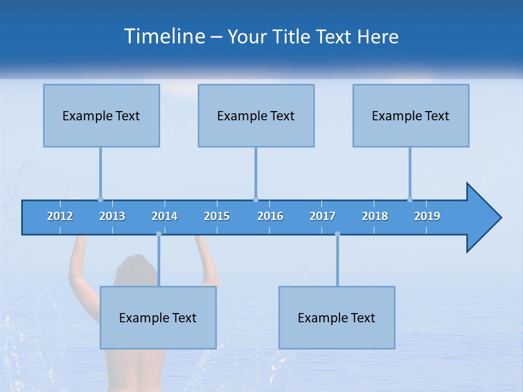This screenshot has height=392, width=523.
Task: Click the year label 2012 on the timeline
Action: click(x=60, y=216)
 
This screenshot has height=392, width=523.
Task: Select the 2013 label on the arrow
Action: click(x=112, y=216)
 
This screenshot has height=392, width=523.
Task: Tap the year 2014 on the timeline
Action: click(x=165, y=216)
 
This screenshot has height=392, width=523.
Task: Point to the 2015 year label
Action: click(x=217, y=216)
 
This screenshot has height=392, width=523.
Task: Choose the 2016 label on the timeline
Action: click(x=270, y=216)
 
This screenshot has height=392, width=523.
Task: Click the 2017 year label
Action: click(x=323, y=216)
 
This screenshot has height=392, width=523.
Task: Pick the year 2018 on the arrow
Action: click(x=375, y=216)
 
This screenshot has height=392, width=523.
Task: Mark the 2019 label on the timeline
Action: click(x=427, y=216)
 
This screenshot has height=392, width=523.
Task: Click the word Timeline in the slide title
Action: click(x=164, y=36)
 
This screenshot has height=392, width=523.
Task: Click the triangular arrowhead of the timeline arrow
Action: click(x=483, y=218)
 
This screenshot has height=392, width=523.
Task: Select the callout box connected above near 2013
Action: click(x=101, y=115)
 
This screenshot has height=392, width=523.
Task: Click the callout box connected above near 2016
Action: click(x=256, y=115)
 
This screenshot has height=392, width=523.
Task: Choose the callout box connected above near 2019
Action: click(x=411, y=115)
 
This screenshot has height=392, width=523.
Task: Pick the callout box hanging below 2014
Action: click(x=158, y=317)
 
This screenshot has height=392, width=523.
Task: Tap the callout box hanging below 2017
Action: click(x=337, y=317)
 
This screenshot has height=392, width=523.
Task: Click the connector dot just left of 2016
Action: click(x=256, y=199)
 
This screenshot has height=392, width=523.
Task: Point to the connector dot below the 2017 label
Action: click(x=337, y=234)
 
